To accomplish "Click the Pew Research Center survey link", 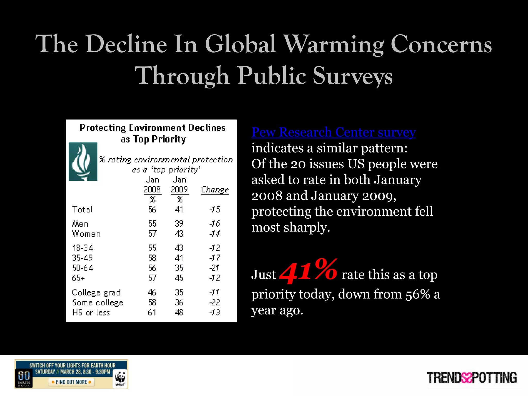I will [333, 132].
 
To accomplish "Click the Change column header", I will [215, 189].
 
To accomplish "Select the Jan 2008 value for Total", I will [152, 209].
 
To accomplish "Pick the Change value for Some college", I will [214, 302].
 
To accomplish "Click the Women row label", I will [86, 234].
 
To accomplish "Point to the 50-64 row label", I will [83, 268].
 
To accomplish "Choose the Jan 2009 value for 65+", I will [179, 278].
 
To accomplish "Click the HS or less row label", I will [91, 312].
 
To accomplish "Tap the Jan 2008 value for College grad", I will [152, 292].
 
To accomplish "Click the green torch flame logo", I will [83, 162].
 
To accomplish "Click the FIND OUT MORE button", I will [71, 382].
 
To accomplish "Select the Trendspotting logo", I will [472, 378].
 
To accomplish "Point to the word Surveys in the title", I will [352, 76].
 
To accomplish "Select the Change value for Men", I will [214, 224].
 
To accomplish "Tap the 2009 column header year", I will [179, 189].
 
